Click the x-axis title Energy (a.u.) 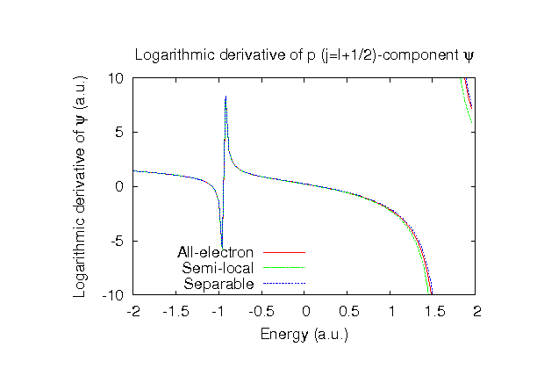point(304,335)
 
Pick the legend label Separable point(218,285)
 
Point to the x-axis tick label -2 point(133,311)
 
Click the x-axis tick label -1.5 point(176,311)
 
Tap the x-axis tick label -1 point(219,311)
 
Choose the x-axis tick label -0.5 point(262,311)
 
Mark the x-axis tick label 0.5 point(348,311)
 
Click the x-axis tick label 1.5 point(434,311)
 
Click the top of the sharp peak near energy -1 point(226,97)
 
